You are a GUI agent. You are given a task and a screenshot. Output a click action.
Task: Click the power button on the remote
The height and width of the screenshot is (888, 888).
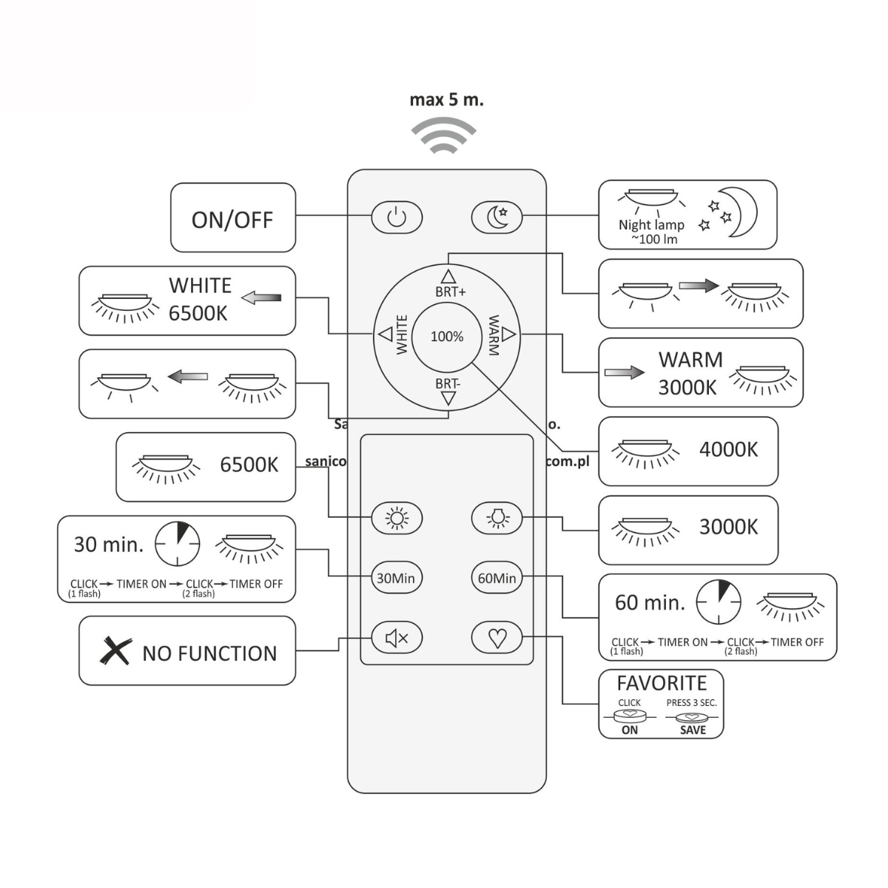(397, 218)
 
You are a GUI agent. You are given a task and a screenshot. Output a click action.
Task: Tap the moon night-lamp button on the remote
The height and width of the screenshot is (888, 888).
(497, 218)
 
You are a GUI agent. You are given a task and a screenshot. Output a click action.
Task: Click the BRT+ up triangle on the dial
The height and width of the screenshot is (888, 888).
(448, 277)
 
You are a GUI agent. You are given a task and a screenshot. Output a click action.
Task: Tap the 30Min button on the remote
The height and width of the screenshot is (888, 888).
(396, 578)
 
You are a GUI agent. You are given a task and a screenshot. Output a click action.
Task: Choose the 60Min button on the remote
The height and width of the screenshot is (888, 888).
(497, 578)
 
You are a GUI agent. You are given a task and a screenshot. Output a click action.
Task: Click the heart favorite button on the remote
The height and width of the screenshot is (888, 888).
(497, 638)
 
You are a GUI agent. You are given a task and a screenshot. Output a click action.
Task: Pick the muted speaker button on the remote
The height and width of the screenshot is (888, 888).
(396, 638)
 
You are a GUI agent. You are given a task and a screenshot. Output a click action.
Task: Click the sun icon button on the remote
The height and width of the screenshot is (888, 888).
(397, 518)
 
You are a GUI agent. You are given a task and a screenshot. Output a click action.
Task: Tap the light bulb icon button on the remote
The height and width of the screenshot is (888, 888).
(497, 518)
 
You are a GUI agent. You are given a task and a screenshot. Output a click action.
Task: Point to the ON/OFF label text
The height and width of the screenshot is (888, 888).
(232, 220)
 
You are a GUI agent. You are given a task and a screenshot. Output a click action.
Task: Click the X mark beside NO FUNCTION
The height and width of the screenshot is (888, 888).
(115, 651)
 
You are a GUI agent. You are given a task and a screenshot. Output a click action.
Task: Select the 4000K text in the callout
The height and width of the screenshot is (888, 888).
(728, 449)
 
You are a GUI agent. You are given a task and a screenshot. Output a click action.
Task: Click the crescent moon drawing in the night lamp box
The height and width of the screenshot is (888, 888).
(742, 212)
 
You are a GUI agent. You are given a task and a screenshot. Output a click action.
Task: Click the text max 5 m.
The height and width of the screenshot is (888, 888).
(446, 100)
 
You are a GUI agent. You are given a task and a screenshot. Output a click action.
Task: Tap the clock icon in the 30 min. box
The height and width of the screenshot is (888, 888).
(177, 545)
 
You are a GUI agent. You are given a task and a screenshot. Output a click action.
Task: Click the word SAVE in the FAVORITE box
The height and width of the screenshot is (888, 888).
(693, 730)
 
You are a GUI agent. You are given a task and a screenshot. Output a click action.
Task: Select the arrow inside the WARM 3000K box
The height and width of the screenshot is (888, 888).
(624, 372)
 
